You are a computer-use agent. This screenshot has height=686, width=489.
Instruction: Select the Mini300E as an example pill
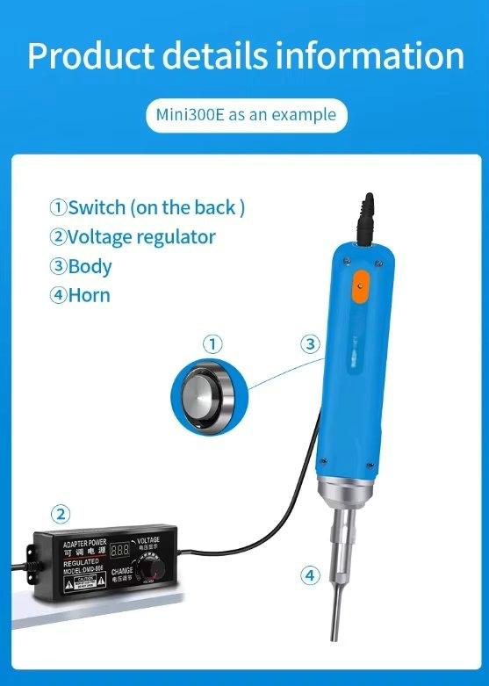[x=245, y=115]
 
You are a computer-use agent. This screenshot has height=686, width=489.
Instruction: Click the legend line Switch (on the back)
[x=147, y=208]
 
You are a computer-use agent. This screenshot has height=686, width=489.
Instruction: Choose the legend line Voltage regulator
[x=133, y=236]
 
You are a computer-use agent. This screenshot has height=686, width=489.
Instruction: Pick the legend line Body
[x=81, y=265]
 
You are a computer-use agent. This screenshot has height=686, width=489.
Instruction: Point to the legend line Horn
[x=81, y=294]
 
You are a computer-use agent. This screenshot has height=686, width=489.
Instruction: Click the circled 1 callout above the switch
[x=212, y=343]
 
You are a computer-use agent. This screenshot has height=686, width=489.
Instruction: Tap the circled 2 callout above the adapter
[x=60, y=514]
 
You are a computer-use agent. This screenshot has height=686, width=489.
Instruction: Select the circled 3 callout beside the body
[x=310, y=343]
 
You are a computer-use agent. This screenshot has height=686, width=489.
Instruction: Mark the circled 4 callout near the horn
[x=310, y=576]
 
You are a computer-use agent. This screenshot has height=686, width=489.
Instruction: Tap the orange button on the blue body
[x=360, y=287]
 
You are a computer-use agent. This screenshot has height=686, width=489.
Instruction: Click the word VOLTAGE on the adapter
[x=148, y=540]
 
